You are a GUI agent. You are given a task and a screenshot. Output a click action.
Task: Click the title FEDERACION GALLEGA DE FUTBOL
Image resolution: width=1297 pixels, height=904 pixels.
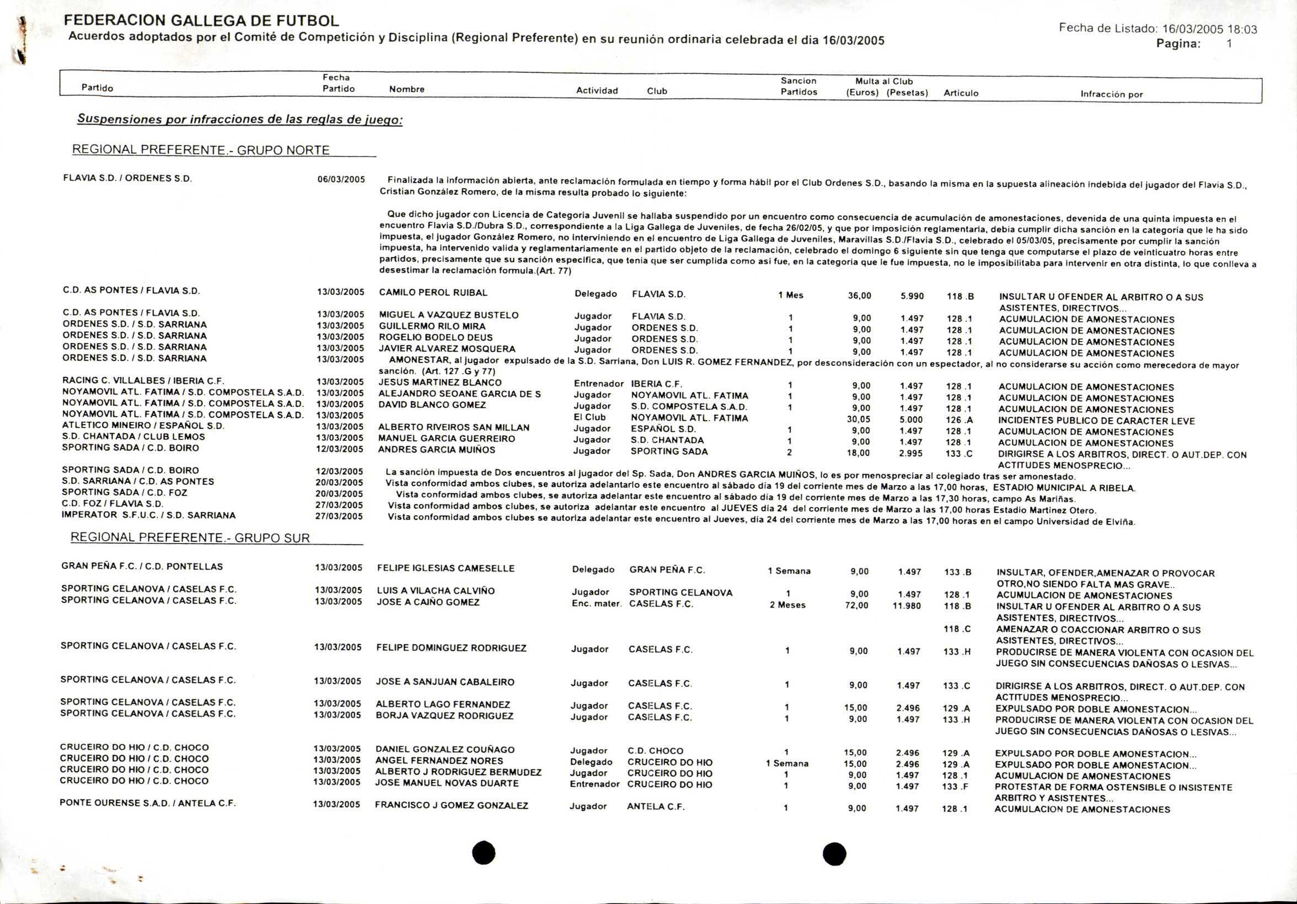tap(201, 21)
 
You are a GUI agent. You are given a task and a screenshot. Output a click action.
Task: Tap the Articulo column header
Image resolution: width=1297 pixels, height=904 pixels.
tap(961, 93)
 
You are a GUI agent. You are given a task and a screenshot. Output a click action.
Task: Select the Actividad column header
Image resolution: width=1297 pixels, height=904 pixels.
tap(597, 90)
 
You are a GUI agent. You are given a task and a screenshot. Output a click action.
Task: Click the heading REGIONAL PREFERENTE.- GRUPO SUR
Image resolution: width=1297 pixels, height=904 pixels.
tap(190, 537)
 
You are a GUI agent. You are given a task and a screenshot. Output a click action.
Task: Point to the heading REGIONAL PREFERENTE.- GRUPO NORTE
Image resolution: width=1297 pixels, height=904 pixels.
tap(201, 150)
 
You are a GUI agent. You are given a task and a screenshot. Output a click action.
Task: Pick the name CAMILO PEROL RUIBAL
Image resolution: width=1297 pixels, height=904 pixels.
tap(433, 293)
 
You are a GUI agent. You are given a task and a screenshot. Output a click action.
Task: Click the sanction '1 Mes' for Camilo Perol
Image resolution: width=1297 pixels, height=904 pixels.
tap(790, 295)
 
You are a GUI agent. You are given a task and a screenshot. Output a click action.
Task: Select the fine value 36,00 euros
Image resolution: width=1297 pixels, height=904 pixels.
tap(859, 296)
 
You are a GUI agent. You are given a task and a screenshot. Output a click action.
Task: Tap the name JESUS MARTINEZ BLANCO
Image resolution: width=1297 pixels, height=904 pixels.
tap(440, 382)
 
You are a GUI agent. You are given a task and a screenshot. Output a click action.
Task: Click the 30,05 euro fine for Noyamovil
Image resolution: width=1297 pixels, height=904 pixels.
tap(858, 419)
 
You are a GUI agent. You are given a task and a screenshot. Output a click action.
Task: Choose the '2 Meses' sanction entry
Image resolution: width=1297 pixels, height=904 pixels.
tap(787, 605)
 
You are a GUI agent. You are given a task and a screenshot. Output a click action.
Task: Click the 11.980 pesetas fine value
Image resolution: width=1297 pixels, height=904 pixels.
tap(906, 606)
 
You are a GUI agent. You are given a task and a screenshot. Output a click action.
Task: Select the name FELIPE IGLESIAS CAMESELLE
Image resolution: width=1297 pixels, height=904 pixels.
tap(446, 569)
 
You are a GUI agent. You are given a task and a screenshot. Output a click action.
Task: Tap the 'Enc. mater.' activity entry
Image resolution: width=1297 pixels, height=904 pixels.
tap(597, 604)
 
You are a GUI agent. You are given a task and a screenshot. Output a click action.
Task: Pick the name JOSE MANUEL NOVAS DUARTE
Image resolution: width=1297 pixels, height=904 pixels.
tap(447, 783)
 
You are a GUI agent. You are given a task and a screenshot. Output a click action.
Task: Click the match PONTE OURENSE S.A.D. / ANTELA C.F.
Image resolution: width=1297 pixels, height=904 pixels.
tap(147, 803)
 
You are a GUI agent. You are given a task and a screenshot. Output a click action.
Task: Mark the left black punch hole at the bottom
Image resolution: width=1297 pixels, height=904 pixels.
tap(484, 853)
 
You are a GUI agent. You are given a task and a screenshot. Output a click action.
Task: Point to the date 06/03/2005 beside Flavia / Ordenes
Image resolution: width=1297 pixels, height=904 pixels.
tap(341, 180)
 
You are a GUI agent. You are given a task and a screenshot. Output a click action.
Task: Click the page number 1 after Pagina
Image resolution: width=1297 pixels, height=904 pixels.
tap(1229, 44)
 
